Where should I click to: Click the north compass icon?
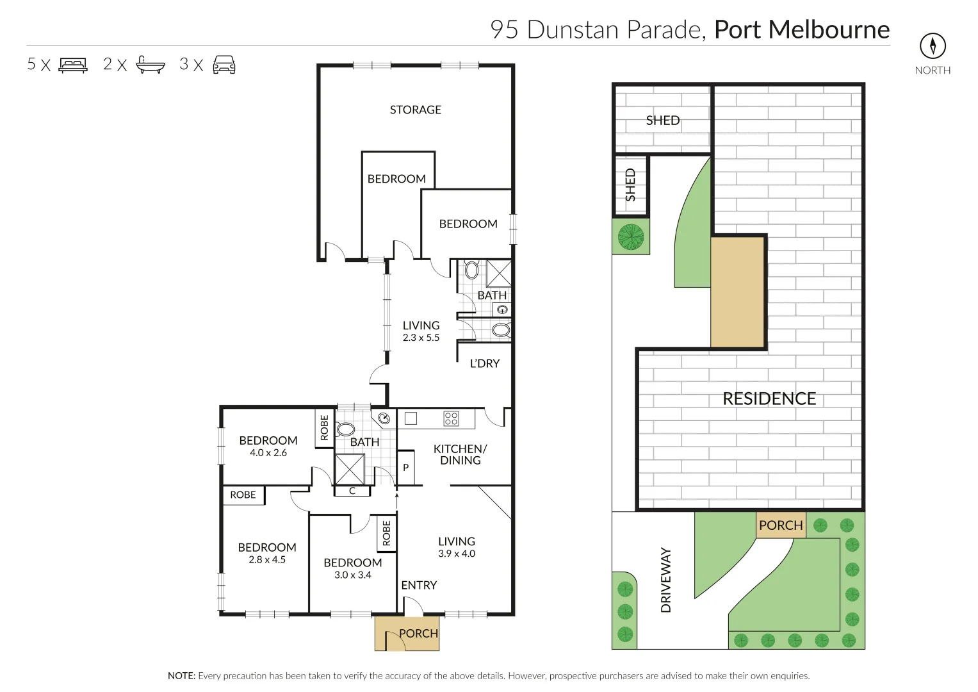933,45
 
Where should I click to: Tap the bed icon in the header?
73,65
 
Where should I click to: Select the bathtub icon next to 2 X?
151,65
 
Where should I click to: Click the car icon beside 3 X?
224,65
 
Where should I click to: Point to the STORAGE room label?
416,110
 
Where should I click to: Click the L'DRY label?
484,363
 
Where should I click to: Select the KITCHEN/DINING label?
460,454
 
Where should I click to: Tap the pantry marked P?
405,468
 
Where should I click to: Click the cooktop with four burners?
451,419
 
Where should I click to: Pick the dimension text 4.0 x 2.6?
268,453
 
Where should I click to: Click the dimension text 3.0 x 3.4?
352,575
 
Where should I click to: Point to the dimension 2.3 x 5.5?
421,338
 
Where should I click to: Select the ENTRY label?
419,585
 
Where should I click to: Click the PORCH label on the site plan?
781,525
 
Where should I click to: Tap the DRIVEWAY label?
666,580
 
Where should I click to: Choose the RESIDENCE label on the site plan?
769,399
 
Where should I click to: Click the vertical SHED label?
631,185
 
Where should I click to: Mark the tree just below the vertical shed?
631,237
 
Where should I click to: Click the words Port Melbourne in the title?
802,29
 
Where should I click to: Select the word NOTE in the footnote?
181,676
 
